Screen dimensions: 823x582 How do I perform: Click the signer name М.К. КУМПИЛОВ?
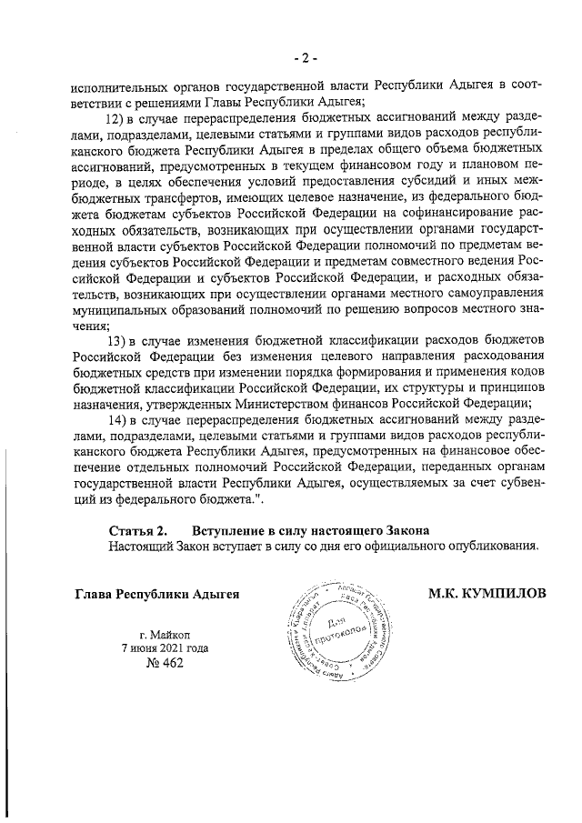488,595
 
